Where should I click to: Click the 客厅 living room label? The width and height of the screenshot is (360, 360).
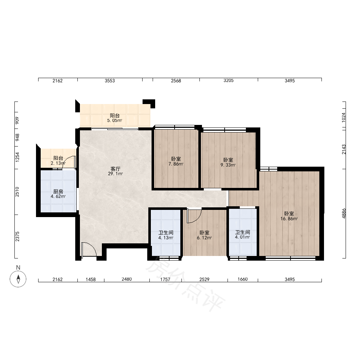click(115, 169)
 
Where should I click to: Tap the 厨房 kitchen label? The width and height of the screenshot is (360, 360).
click(58, 192)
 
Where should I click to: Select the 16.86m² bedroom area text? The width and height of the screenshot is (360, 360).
click(289, 219)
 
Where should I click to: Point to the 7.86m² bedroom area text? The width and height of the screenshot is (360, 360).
click(176, 164)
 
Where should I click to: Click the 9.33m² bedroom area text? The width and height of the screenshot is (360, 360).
click(228, 165)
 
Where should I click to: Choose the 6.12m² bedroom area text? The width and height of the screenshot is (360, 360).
click(204, 238)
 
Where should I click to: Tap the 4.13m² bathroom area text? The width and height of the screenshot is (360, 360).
click(166, 238)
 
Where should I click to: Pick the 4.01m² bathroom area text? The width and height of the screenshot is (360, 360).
click(242, 237)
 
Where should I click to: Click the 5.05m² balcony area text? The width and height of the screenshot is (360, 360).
click(114, 121)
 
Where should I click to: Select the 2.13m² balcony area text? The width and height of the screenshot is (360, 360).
click(58, 163)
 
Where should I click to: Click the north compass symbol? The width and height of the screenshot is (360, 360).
click(18, 279)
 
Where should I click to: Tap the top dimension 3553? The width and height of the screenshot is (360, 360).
click(110, 81)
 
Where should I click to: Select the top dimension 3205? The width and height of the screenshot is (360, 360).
click(229, 81)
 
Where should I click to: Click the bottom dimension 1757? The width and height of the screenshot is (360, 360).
click(165, 279)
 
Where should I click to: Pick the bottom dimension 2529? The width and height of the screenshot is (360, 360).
click(204, 279)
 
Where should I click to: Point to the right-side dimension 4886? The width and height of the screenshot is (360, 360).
click(344, 213)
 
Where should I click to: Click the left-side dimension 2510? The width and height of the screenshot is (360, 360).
click(17, 192)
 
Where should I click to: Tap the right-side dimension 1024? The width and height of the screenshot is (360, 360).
click(343, 117)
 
